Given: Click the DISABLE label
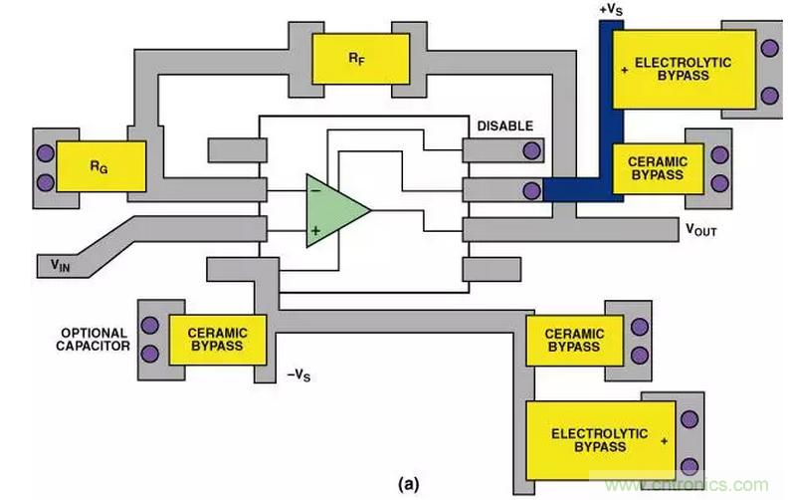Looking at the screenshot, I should [505, 126].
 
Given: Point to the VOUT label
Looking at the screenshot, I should [701, 230].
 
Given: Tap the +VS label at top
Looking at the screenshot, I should [611, 9].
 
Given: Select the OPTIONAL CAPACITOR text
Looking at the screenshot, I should [95, 340].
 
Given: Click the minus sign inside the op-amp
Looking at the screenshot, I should [313, 189].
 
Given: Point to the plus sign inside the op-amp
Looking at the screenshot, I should [315, 231].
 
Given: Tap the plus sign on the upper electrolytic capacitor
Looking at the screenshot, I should [624, 69].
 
